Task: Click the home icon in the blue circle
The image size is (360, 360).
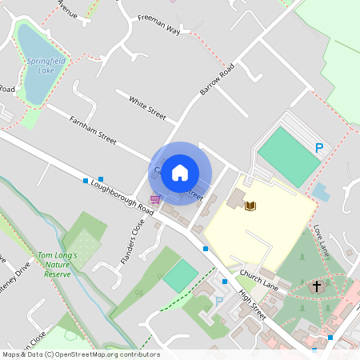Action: pyautogui.click(x=180, y=172)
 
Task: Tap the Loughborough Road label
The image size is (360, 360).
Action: pyautogui.click(x=122, y=195)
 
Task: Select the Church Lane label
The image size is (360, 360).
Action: pyautogui.click(x=258, y=280)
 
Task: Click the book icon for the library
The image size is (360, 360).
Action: pyautogui.click(x=250, y=206)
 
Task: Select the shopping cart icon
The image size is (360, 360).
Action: pyautogui.click(x=154, y=198)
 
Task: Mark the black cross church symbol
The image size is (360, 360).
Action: pyautogui.click(x=317, y=286)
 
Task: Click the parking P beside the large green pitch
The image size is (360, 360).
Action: pyautogui.click(x=319, y=148)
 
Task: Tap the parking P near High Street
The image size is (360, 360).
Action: pyautogui.click(x=219, y=302)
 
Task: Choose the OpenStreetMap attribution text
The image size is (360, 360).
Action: pyautogui.click(x=80, y=354)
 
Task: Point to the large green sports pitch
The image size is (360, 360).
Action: pyautogui.click(x=288, y=156)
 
